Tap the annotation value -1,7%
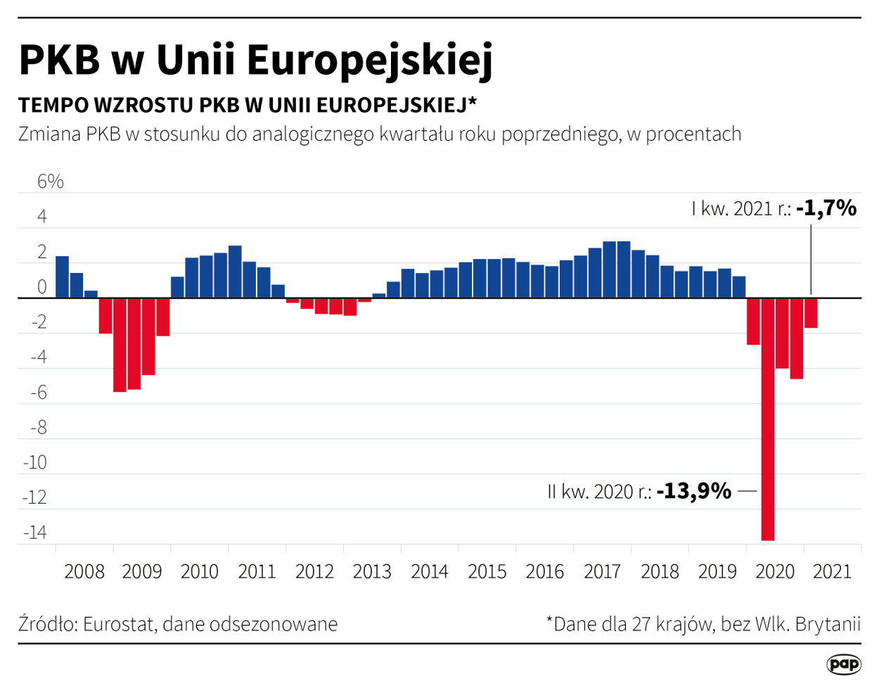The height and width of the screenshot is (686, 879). [826, 208]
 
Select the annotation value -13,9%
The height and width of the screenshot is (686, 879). [694, 490]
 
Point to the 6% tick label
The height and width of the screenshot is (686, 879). [50, 182]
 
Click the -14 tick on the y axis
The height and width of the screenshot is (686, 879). [35, 532]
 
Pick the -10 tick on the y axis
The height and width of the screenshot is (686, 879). [35, 462]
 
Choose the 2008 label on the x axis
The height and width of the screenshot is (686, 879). [84, 571]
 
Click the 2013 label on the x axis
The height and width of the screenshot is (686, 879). [371, 571]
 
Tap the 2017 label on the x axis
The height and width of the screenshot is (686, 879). [602, 571]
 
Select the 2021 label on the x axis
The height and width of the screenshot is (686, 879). [832, 571]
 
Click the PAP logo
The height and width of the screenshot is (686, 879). [843, 663]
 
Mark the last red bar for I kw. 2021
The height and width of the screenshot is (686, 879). [811, 313]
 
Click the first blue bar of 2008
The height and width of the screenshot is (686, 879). [62, 277]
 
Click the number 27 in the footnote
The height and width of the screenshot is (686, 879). [642, 624]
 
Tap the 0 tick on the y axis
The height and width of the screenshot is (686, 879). [41, 287]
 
